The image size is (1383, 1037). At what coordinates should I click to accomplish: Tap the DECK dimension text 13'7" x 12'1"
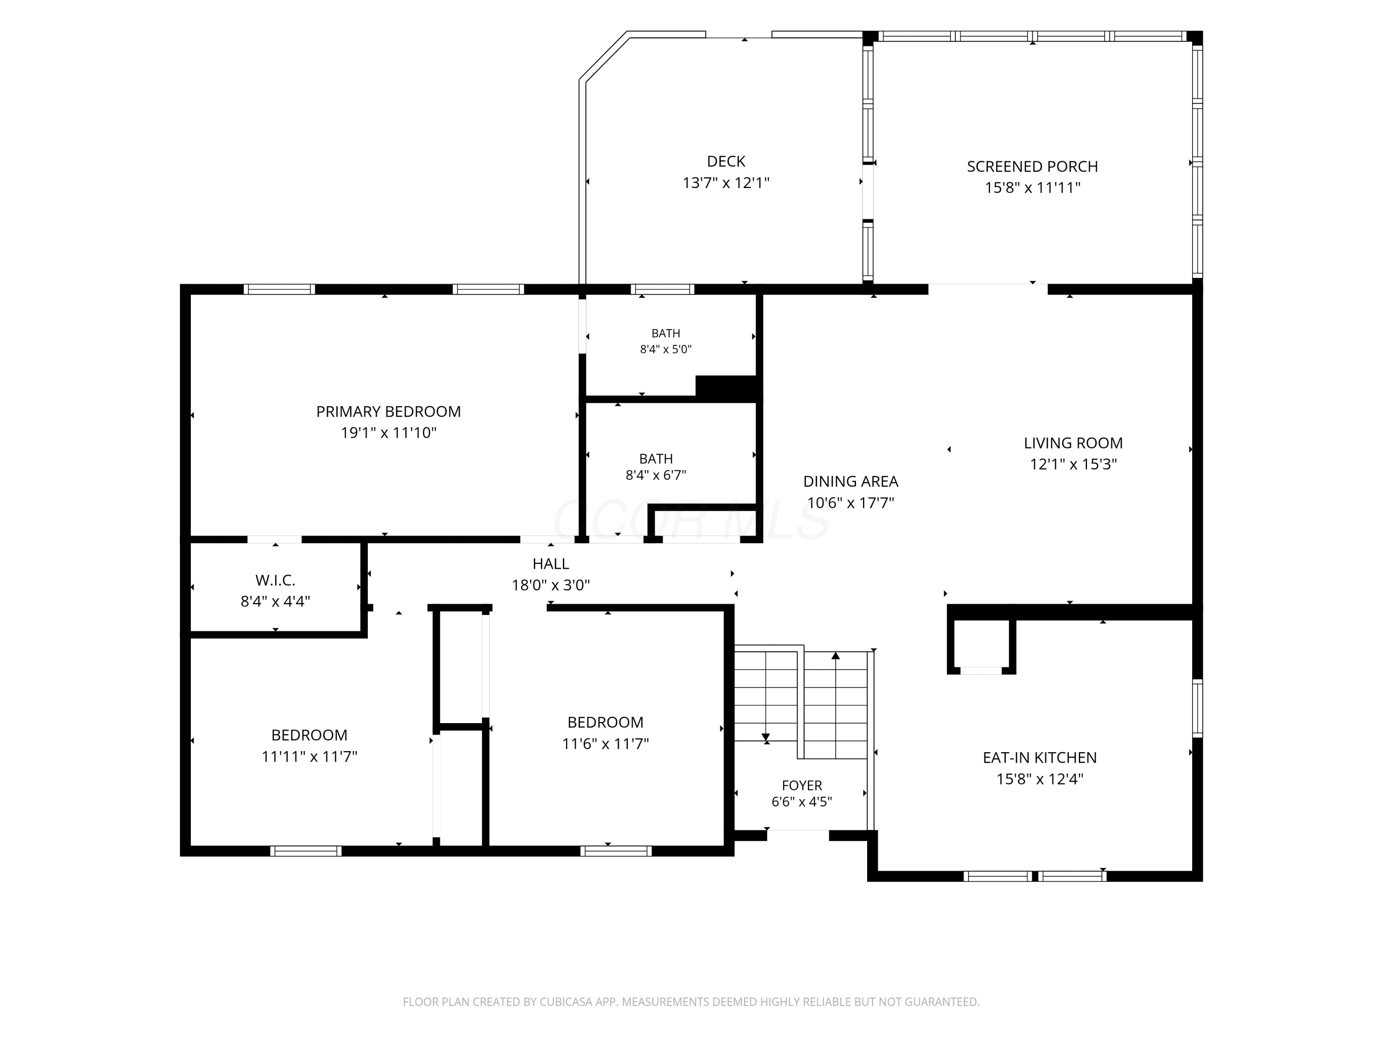[x=726, y=183]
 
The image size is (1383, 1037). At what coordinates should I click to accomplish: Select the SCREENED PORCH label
[x=1032, y=166]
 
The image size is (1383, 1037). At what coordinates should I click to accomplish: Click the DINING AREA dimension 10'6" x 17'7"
[x=850, y=502]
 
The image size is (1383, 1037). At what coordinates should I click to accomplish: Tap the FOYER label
[x=802, y=785]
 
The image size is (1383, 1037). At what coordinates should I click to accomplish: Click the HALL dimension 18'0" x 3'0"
[x=551, y=585]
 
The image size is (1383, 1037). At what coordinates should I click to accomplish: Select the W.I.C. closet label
[x=275, y=580]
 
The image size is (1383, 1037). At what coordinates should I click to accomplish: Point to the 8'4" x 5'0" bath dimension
[x=666, y=349]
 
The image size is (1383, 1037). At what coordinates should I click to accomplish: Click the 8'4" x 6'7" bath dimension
[x=656, y=475]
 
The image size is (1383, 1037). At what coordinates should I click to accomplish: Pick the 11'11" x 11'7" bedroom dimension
[x=309, y=756]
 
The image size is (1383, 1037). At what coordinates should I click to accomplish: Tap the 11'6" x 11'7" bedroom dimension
[x=605, y=743]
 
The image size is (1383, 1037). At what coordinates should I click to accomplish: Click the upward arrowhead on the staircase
[x=836, y=656]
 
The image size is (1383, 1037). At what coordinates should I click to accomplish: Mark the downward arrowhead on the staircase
[x=766, y=737]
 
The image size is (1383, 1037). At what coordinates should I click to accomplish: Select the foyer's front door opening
[x=798, y=835]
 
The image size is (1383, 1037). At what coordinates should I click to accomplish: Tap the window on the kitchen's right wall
[x=1197, y=708]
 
